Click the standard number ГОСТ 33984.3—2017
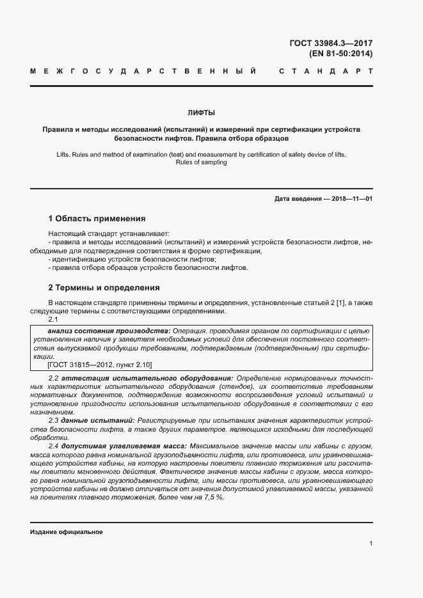(331, 43)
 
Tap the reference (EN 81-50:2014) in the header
(340, 54)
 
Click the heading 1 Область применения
(97, 218)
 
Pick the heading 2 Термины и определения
(104, 287)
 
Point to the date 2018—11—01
(349, 199)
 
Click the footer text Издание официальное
(67, 532)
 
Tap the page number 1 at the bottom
(371, 543)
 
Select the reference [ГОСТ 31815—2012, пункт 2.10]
(100, 364)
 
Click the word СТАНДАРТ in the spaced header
(326, 71)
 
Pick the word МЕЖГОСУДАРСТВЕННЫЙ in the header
(145, 71)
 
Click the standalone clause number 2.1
(53, 319)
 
